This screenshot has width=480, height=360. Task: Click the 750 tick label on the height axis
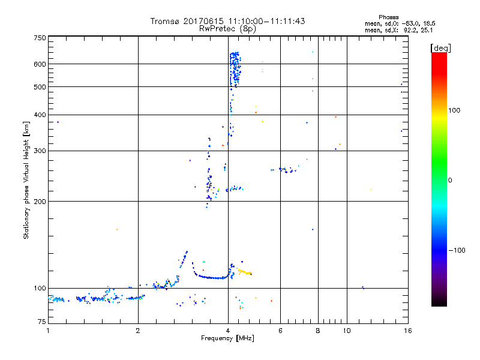coord(40,38)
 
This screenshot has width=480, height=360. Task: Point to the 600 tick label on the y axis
coord(40,64)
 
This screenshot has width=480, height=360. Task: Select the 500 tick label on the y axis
coord(40,86)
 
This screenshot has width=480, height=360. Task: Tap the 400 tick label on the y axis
coord(40,115)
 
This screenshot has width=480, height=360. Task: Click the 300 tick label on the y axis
coord(40,151)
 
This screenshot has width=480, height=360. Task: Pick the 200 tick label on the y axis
coord(40,201)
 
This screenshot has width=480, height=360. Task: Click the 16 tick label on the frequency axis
coord(407,331)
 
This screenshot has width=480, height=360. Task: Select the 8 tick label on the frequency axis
coord(318,331)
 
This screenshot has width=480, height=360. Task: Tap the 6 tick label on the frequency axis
coord(280,331)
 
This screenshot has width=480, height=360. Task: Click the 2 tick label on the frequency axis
coord(138,331)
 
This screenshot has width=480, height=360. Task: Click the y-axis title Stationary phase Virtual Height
coord(26,180)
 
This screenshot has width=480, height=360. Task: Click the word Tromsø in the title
coord(166,21)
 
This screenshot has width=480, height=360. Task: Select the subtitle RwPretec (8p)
coord(227,28)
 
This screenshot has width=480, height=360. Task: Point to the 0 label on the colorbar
coord(451,180)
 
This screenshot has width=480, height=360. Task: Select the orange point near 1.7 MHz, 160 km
coord(117,229)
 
